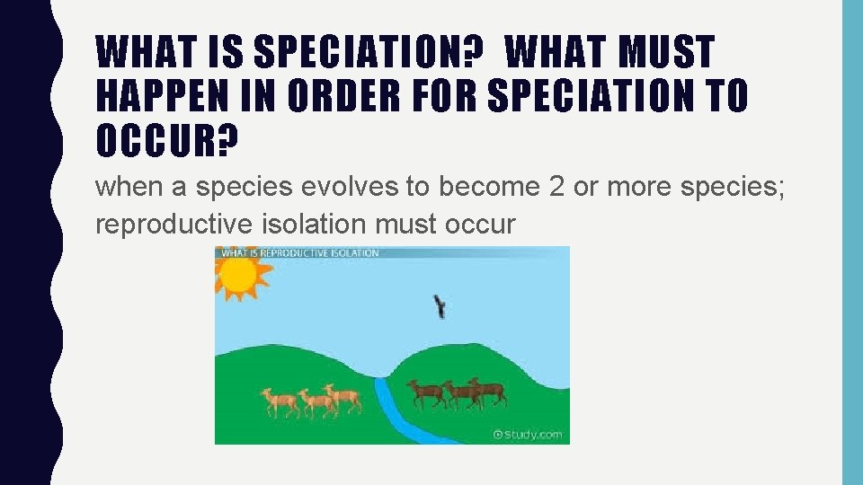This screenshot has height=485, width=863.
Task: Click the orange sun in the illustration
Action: (237, 278)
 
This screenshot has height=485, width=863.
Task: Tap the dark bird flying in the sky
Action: (440, 307)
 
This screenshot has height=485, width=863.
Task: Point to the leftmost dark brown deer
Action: (425, 393)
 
